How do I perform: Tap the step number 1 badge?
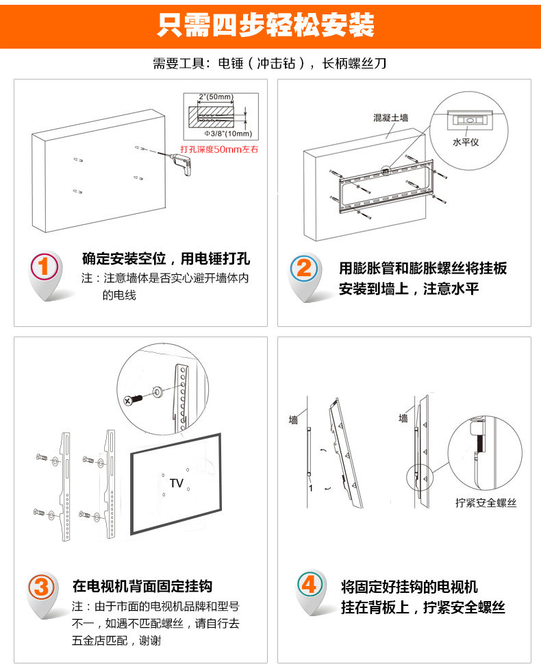[x=45, y=268]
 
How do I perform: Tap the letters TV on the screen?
[x=177, y=483]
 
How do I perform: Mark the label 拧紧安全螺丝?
[x=486, y=502]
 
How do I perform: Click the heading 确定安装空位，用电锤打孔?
[x=166, y=259]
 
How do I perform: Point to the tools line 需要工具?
[x=270, y=64]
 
